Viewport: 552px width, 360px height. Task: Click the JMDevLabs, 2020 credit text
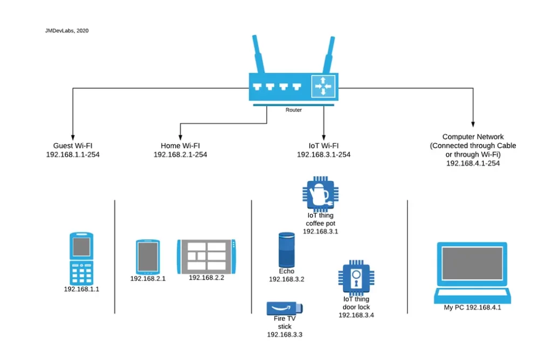pyautogui.click(x=67, y=31)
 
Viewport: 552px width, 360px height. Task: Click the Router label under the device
pyautogui.click(x=294, y=110)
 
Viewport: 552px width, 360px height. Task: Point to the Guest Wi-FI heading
pyautogui.click(x=73, y=146)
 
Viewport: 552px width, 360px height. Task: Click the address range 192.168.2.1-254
pyautogui.click(x=180, y=155)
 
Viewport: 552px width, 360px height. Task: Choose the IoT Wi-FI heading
pyautogui.click(x=323, y=146)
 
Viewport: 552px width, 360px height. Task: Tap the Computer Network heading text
pyautogui.click(x=473, y=137)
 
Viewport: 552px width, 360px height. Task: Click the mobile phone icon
pyautogui.click(x=81, y=258)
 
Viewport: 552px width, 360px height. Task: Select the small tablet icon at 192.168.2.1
pyautogui.click(x=148, y=257)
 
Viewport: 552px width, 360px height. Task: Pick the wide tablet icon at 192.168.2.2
pyautogui.click(x=206, y=257)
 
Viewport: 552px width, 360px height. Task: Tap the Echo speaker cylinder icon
pyautogui.click(x=287, y=250)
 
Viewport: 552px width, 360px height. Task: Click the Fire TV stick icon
pyautogui.click(x=285, y=308)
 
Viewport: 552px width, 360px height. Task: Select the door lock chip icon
pyautogui.click(x=356, y=279)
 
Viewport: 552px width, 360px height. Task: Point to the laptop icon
pyautogui.click(x=473, y=273)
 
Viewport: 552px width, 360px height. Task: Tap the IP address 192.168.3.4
pyautogui.click(x=356, y=315)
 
